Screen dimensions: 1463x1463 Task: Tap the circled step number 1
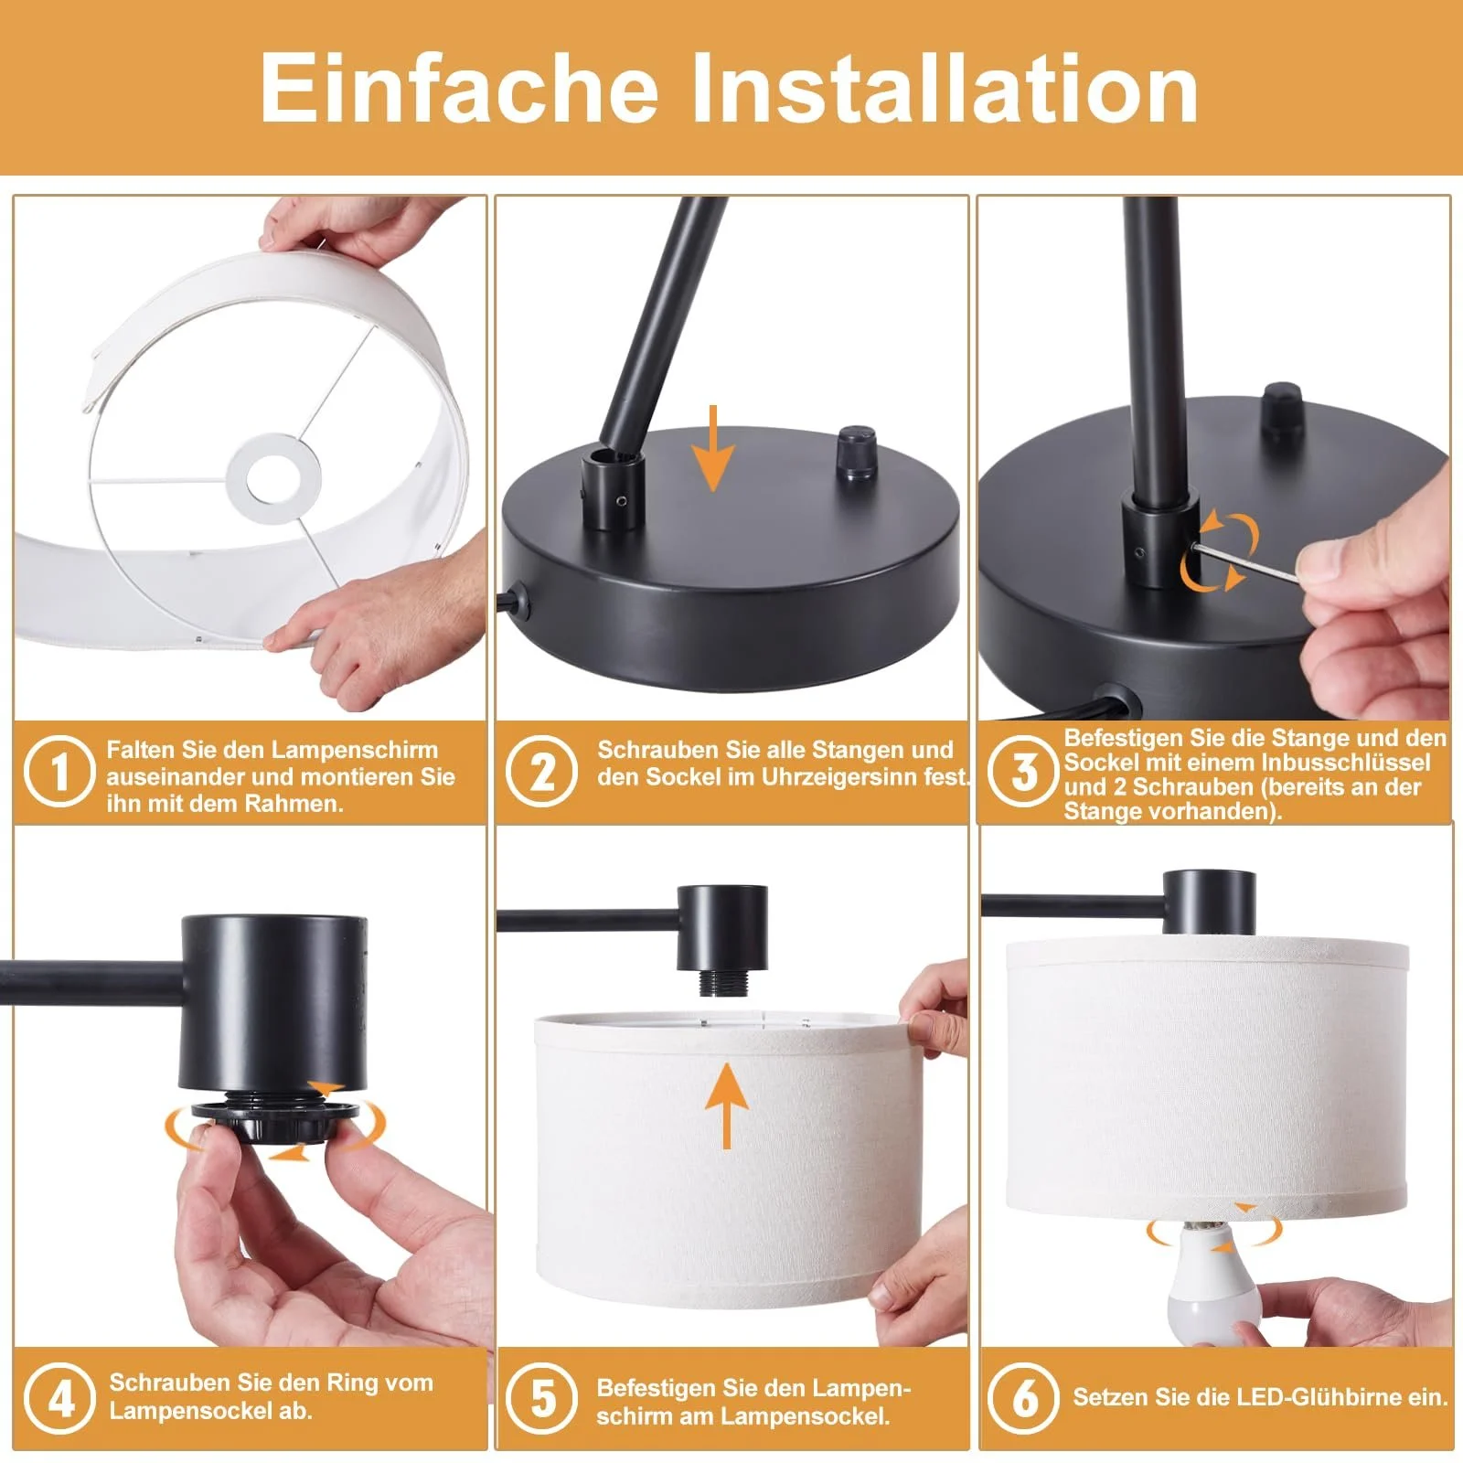click(59, 771)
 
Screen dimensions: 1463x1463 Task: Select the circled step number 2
click(542, 771)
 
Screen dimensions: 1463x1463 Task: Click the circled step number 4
click(59, 1399)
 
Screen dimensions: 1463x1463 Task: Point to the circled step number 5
click(542, 1399)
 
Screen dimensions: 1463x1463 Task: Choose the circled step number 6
click(1024, 1399)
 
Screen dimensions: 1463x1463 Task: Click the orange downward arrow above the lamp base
click(713, 448)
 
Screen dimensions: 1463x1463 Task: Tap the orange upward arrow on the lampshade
click(727, 1105)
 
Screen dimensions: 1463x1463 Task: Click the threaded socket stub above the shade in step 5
click(728, 983)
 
